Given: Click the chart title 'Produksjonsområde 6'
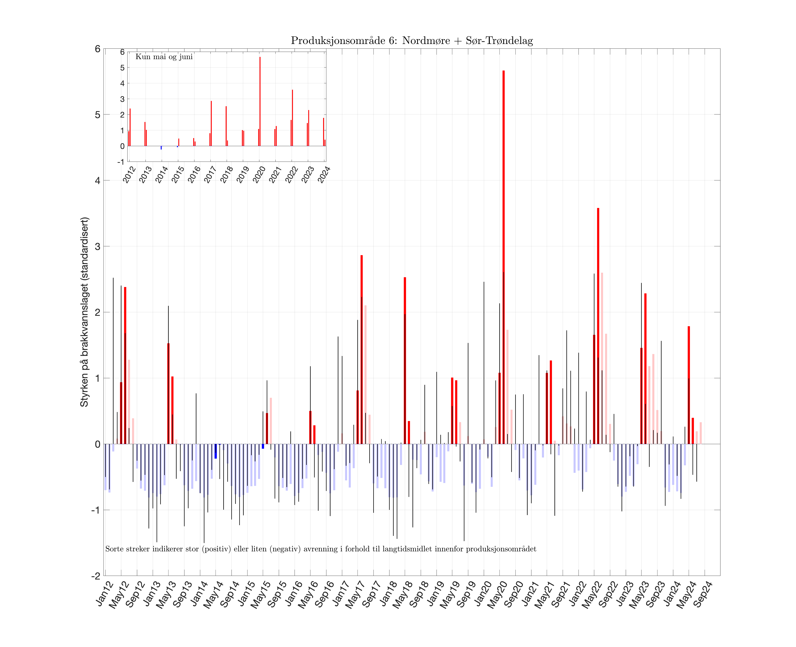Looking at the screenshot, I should [412, 41].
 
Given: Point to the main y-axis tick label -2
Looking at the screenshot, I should [96, 576].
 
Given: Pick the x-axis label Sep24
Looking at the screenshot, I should [703, 594].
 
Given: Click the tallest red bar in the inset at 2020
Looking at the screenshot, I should [260, 101].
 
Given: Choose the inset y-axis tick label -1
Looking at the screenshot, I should [121, 162].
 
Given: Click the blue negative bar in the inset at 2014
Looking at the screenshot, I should [161, 148].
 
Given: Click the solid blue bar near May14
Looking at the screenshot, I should [216, 451].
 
